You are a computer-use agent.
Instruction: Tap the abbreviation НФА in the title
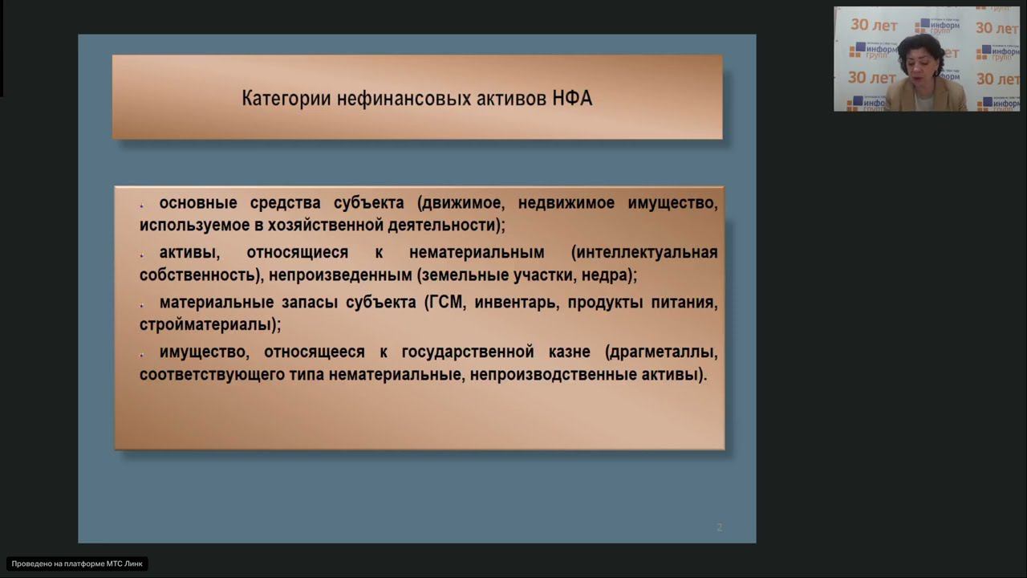click(572, 99)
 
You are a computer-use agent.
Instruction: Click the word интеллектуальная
click(644, 253)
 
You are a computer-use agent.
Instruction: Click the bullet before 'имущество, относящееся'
click(141, 354)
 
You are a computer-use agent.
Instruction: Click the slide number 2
click(719, 527)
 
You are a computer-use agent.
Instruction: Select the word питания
click(684, 303)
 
